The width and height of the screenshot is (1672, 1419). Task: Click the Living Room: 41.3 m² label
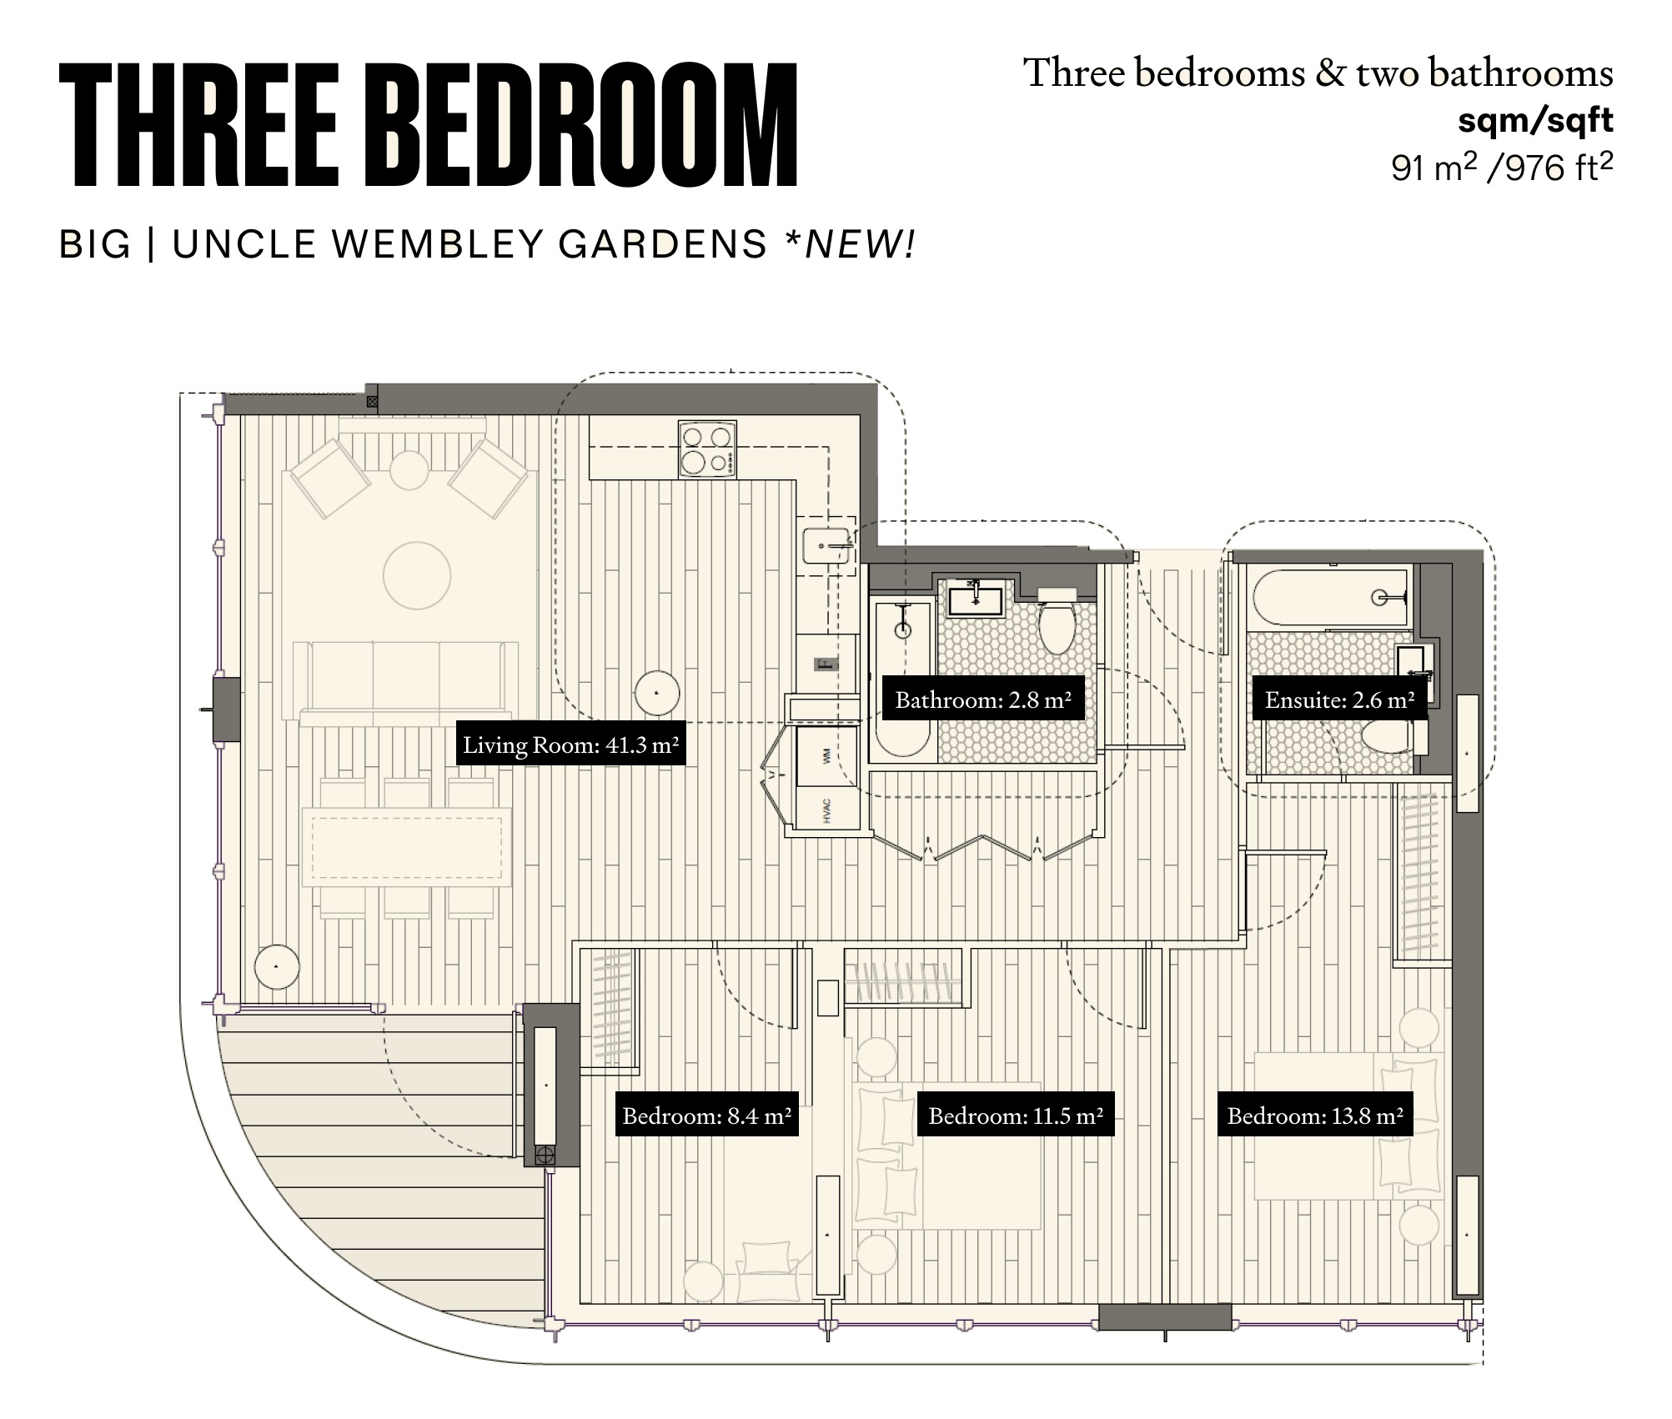click(570, 745)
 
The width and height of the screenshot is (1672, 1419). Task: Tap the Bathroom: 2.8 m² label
click(983, 699)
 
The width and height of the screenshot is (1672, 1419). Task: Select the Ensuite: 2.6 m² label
click(1339, 699)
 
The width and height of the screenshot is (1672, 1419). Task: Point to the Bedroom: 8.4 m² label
click(706, 1116)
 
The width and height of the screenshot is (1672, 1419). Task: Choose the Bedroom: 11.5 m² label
click(1015, 1116)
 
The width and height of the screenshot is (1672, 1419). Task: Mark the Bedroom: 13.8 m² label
click(1314, 1116)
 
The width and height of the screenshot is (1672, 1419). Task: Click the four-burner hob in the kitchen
click(707, 449)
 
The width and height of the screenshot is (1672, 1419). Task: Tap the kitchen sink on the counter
click(826, 546)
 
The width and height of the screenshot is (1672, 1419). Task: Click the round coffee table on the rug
click(417, 575)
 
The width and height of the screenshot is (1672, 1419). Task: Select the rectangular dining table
click(407, 847)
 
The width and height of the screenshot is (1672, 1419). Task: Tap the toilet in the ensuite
click(1386, 736)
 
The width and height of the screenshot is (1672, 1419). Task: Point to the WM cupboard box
click(826, 756)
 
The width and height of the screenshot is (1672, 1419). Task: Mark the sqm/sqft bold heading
click(1534, 122)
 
